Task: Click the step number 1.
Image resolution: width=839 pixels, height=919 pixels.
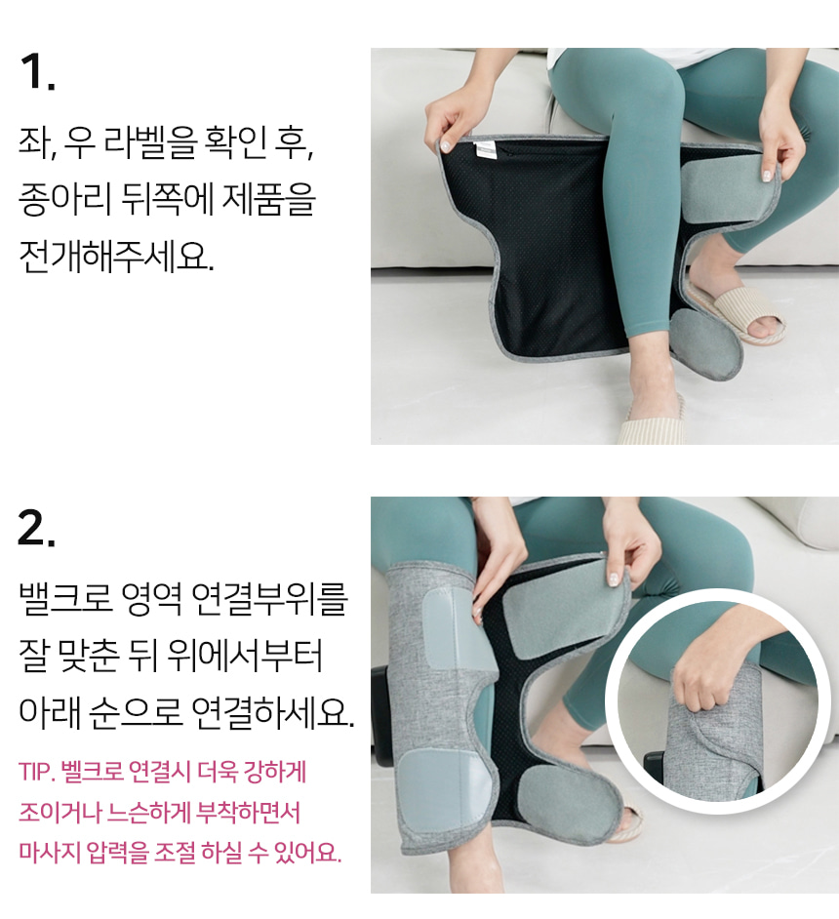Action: pyautogui.click(x=37, y=72)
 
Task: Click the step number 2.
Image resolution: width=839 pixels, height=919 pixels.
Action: pyautogui.click(x=37, y=528)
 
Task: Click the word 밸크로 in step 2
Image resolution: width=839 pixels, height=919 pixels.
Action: pyautogui.click(x=65, y=598)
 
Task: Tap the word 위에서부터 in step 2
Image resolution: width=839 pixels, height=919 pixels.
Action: pyautogui.click(x=245, y=655)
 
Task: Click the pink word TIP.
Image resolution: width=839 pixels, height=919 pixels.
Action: pyautogui.click(x=36, y=772)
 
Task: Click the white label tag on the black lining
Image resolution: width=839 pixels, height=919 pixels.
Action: pyautogui.click(x=486, y=149)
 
